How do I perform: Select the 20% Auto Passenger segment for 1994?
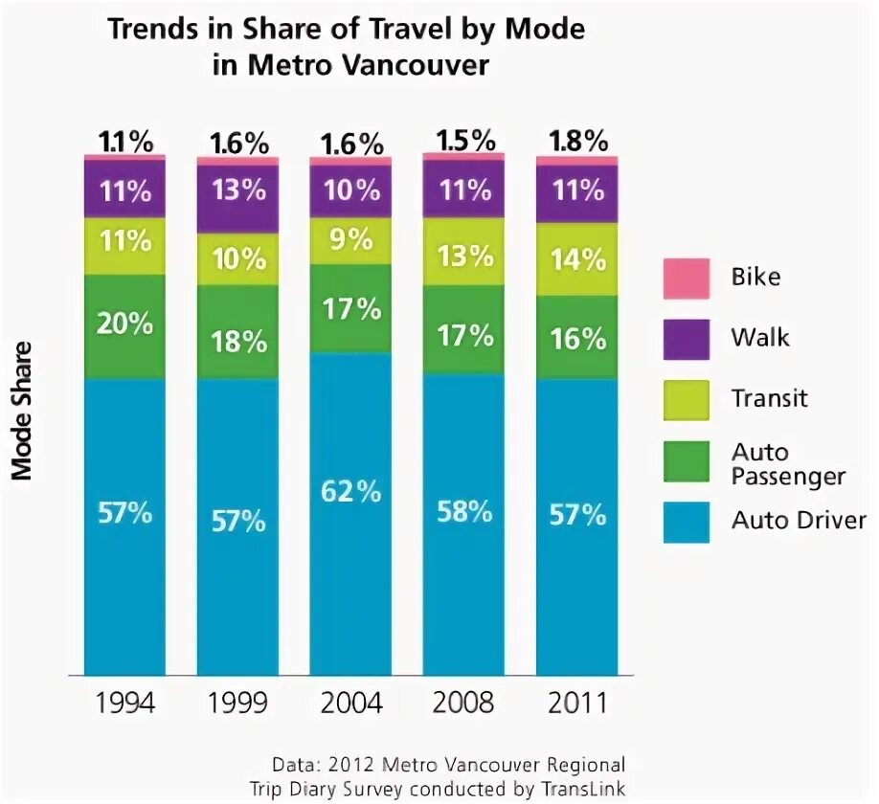click(124, 326)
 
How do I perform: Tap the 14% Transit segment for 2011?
click(576, 259)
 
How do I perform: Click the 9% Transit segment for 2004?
click(350, 240)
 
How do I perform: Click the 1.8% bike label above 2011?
click(577, 141)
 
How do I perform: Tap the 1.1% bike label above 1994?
click(125, 142)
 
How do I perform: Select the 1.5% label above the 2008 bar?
click(465, 139)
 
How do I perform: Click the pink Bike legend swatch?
click(686, 278)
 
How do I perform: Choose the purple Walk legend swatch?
click(686, 338)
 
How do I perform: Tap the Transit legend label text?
click(770, 398)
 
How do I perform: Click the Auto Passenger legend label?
click(788, 463)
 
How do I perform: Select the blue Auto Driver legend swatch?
click(686, 522)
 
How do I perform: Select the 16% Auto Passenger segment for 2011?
click(576, 338)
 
